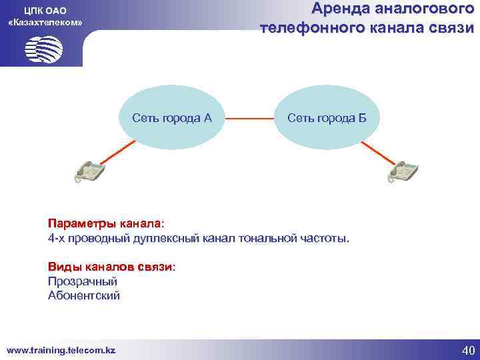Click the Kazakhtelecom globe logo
43,49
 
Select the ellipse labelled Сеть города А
172,119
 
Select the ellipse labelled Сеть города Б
327,119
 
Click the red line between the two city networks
249,119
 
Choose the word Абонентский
84,296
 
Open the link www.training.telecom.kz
61,349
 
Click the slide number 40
467,350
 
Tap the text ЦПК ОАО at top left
45,11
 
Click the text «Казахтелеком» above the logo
45,23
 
